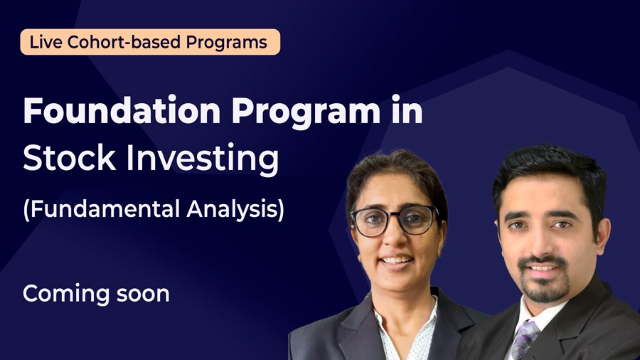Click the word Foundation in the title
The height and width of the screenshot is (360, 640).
coord(122,110)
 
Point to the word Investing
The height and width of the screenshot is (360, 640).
coord(203,160)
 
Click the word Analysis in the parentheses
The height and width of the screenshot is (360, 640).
coord(235,210)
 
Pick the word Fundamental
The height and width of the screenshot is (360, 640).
coord(105,209)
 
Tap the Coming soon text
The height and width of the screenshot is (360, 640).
coord(96,294)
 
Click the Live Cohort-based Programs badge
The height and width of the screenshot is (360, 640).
coord(150,42)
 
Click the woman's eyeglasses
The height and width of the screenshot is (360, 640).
coord(394,221)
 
